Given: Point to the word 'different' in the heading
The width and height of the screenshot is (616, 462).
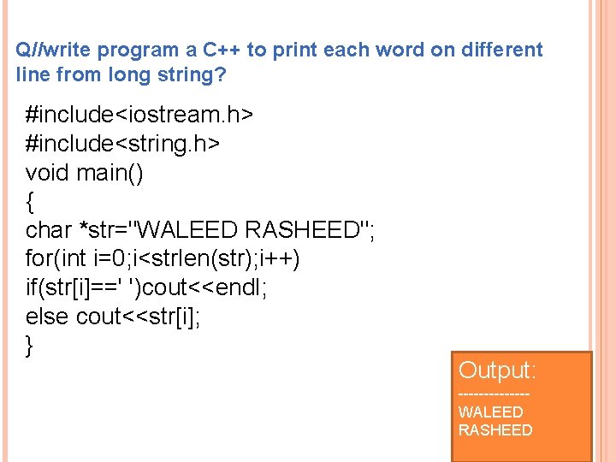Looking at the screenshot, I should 501,50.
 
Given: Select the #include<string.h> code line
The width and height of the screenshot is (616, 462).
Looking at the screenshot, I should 123,143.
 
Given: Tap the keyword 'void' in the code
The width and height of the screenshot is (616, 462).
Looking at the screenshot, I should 48,172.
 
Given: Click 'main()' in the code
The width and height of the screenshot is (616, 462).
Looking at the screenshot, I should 110,172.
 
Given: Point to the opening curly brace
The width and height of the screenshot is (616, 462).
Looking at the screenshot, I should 31,202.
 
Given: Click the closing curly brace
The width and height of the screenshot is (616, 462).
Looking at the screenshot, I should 31,346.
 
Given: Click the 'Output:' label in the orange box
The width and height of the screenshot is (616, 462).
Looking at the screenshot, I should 497,370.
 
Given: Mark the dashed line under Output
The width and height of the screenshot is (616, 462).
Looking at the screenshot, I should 494,394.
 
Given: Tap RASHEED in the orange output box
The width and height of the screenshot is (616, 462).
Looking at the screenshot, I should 495,429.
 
